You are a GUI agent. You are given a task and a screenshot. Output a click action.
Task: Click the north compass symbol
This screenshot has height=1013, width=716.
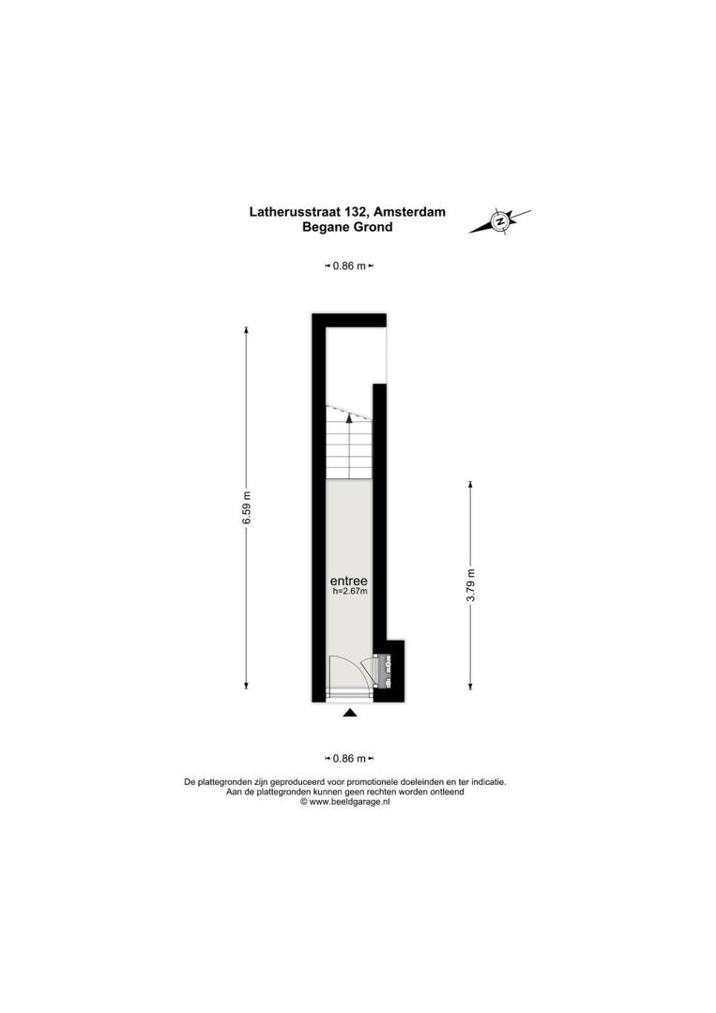(499, 221)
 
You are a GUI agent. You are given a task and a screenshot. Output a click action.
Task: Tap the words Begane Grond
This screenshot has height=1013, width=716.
(347, 227)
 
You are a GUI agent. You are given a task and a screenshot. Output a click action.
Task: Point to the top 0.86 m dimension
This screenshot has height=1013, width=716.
(349, 265)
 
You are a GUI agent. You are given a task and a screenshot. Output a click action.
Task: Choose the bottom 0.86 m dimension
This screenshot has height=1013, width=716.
(349, 759)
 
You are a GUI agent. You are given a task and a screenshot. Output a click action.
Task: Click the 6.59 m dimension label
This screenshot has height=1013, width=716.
(246, 508)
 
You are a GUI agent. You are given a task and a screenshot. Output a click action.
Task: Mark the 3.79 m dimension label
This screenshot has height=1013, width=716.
(470, 585)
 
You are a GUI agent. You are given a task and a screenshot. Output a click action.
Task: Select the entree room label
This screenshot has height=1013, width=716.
(349, 581)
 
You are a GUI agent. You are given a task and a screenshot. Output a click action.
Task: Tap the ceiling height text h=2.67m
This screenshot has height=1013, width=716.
(350, 591)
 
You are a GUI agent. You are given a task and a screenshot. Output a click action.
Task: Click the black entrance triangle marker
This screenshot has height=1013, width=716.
(350, 713)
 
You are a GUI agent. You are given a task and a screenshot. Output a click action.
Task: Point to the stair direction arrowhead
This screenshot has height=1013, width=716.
(350, 417)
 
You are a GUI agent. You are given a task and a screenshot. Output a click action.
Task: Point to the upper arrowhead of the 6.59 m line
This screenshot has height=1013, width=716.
(246, 330)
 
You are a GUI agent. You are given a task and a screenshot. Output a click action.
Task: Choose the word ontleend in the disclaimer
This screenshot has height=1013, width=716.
(448, 792)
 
